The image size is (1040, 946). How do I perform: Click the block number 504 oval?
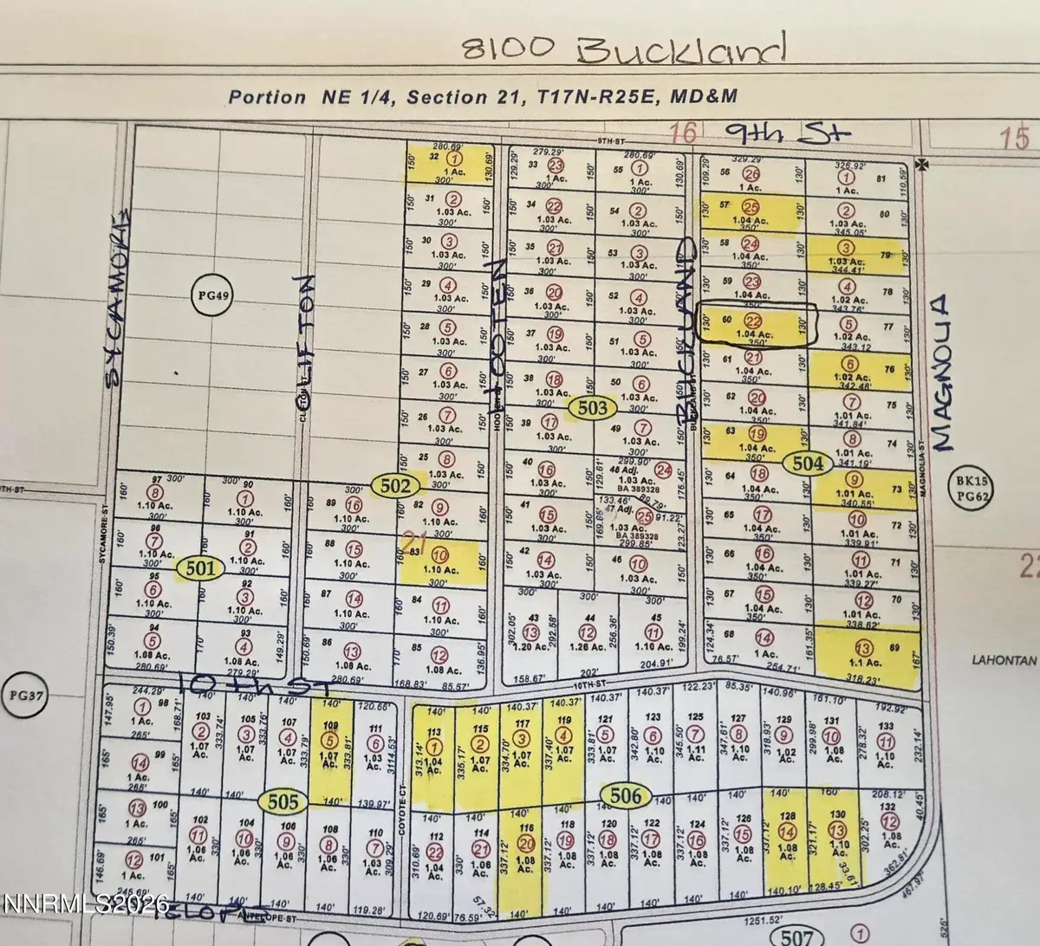pos(807,463)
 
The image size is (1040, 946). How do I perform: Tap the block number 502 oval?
pos(394,486)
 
